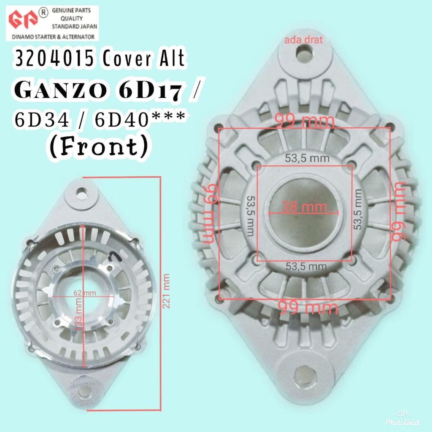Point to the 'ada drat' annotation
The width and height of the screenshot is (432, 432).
[304, 40]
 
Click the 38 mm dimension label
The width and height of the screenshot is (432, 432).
[304, 207]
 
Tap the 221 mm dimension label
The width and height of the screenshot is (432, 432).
[167, 291]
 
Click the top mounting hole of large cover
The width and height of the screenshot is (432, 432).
[304, 53]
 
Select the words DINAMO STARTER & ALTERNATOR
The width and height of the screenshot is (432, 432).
[51, 36]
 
